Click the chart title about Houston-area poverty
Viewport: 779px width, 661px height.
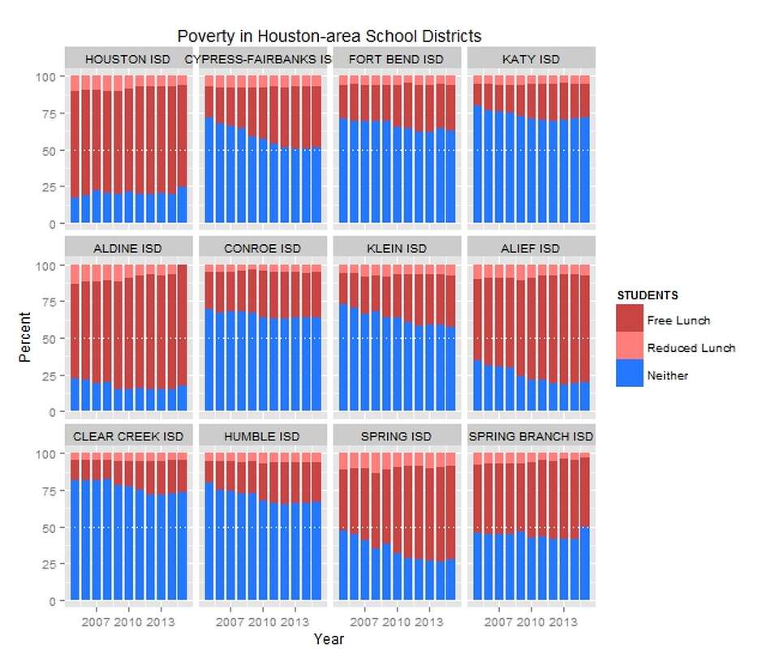[x=329, y=36]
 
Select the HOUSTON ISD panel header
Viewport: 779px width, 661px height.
[x=127, y=59]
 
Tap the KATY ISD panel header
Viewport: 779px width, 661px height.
[x=531, y=59]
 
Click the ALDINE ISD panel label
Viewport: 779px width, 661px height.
[x=127, y=247]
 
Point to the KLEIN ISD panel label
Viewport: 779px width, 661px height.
[x=396, y=247]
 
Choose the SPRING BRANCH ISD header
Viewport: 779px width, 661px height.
[x=531, y=436]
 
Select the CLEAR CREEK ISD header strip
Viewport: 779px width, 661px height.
[x=127, y=436]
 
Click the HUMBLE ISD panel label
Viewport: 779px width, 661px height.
[x=262, y=436]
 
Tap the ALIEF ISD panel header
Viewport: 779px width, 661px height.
[x=531, y=247]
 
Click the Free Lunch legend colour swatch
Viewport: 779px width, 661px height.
[x=630, y=320]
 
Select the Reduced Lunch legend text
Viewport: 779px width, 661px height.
[x=691, y=348]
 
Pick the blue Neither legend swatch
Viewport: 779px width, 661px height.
[x=630, y=375]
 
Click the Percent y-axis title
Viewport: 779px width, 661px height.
[x=25, y=337]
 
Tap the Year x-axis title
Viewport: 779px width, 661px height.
[x=329, y=640]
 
